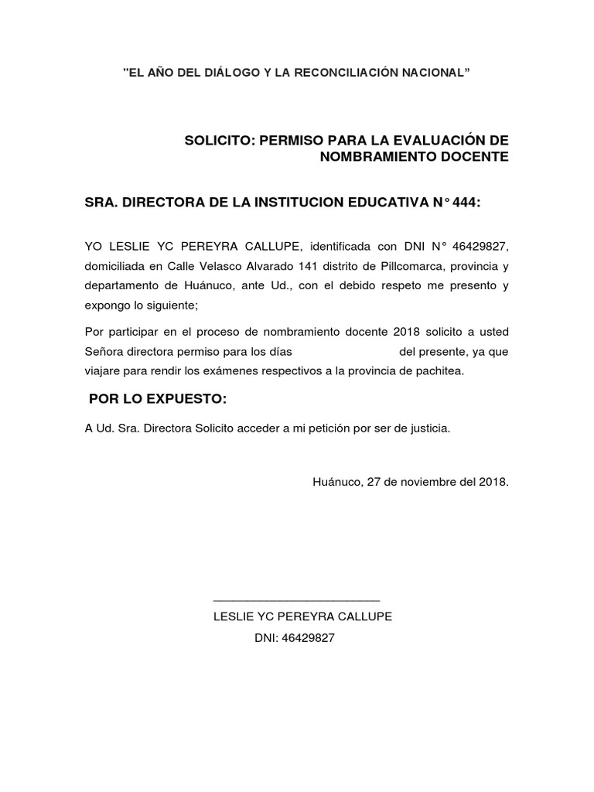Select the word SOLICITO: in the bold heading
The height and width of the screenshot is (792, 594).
[219, 140]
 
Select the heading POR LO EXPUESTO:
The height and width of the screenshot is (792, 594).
[158, 398]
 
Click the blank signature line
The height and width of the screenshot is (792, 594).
[296, 599]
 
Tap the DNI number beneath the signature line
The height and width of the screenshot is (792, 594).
[309, 638]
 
